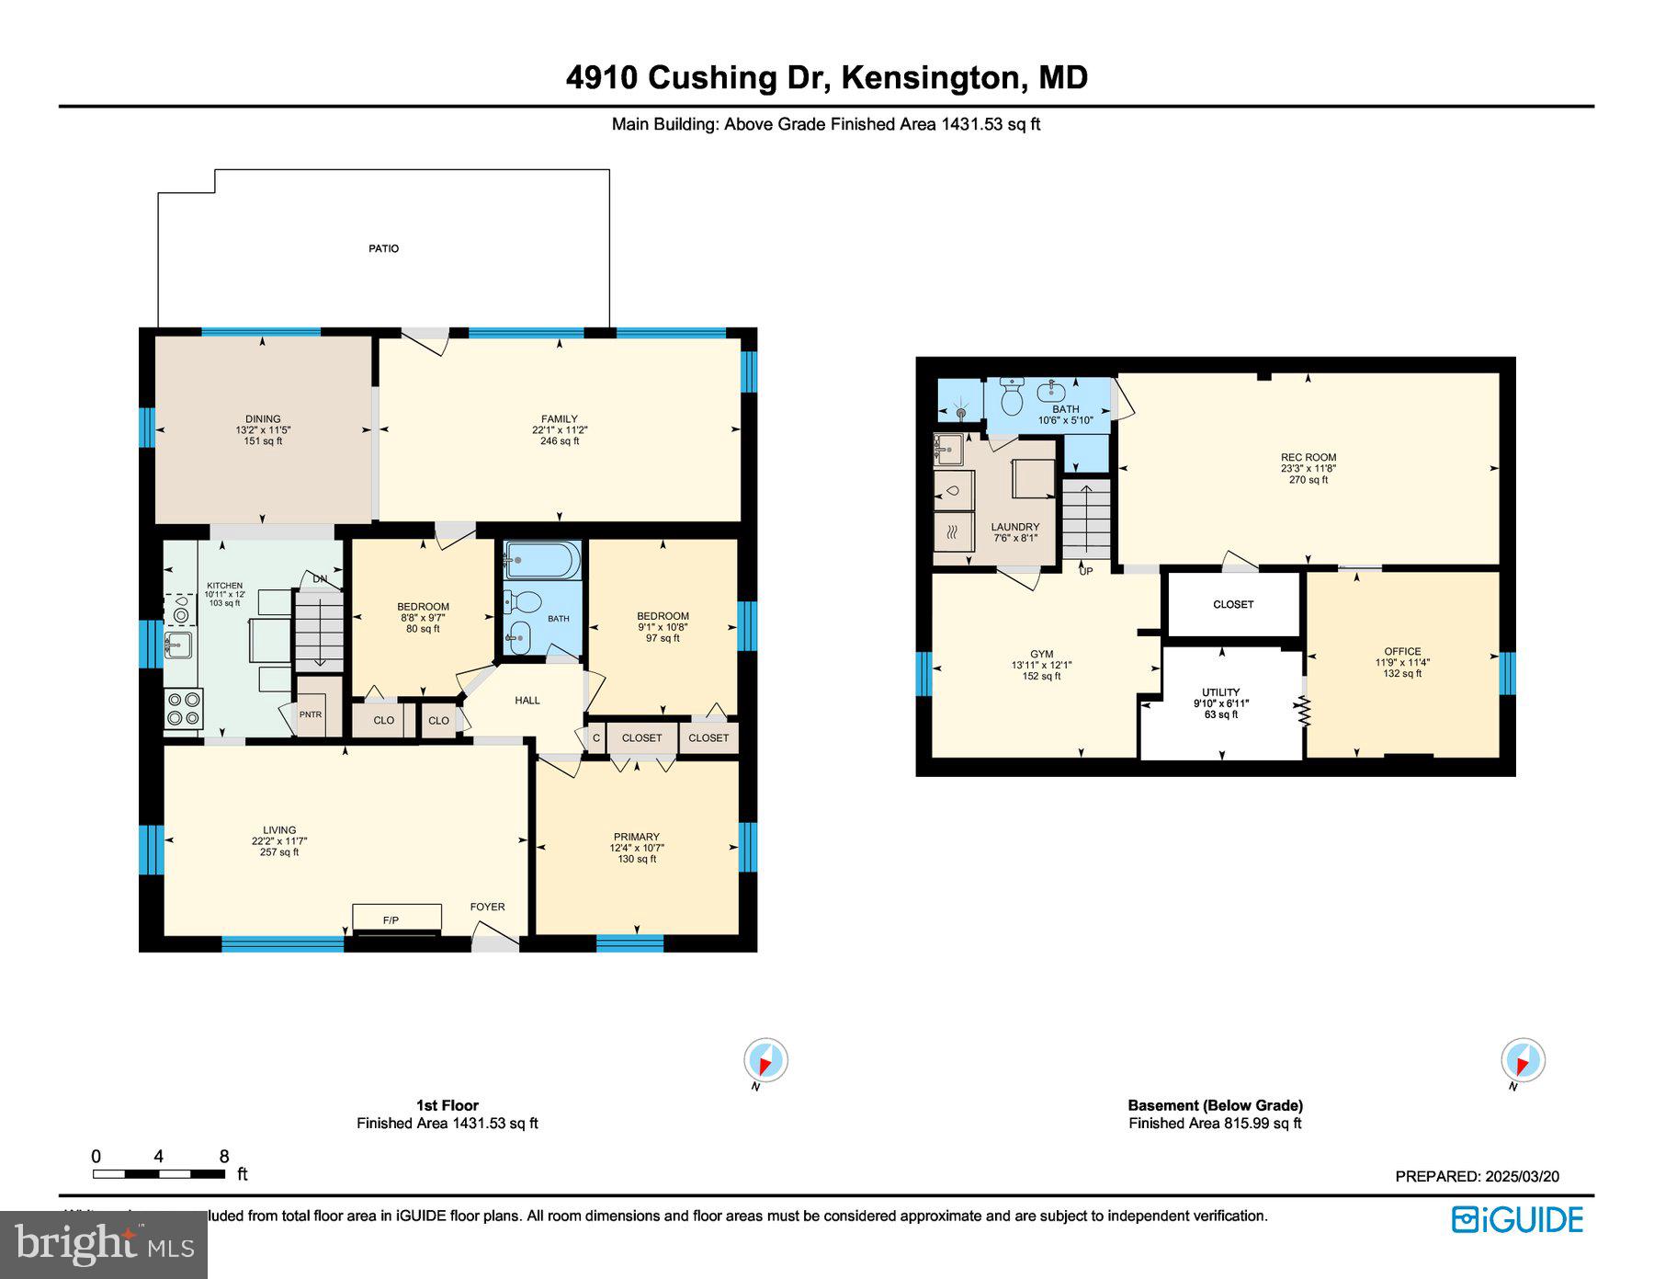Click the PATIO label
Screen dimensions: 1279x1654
pyautogui.click(x=383, y=248)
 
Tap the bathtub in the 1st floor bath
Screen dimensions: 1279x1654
pyautogui.click(x=542, y=559)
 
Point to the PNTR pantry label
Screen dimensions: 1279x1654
pyautogui.click(x=311, y=714)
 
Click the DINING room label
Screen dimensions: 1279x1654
pyautogui.click(x=263, y=418)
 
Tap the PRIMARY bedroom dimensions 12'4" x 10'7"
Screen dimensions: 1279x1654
pyautogui.click(x=636, y=848)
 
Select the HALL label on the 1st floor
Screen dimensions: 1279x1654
pyautogui.click(x=527, y=700)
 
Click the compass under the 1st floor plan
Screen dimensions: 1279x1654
pyautogui.click(x=765, y=1060)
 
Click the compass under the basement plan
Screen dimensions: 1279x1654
pyautogui.click(x=1522, y=1060)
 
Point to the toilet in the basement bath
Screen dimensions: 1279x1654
pyautogui.click(x=1012, y=397)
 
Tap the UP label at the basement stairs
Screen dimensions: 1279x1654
pyautogui.click(x=1085, y=571)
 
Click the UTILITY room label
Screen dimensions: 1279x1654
pyautogui.click(x=1220, y=692)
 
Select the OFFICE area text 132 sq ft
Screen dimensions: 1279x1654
pyautogui.click(x=1402, y=673)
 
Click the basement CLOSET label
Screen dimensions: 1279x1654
pyautogui.click(x=1232, y=604)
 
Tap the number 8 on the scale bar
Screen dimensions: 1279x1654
pyautogui.click(x=223, y=1157)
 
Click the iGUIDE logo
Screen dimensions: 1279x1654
pyautogui.click(x=1517, y=1219)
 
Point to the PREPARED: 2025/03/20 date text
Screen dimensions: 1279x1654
pyautogui.click(x=1476, y=1176)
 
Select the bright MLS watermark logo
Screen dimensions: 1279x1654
pyautogui.click(x=104, y=1245)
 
